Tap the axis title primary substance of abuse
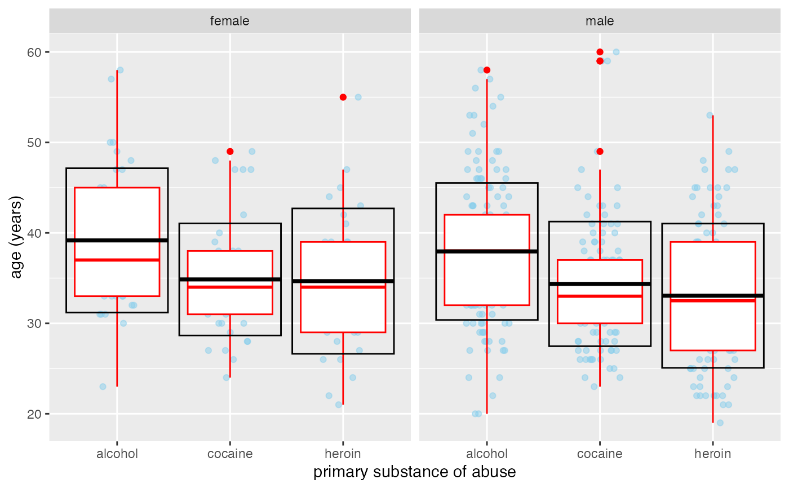pyautogui.click(x=414, y=472)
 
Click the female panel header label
pyautogui.click(x=229, y=21)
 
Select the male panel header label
pyautogui.click(x=600, y=21)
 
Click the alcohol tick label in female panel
pyautogui.click(x=117, y=454)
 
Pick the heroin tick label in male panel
pyautogui.click(x=713, y=454)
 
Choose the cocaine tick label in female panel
pyautogui.click(x=230, y=454)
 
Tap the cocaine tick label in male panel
pyautogui.click(x=600, y=454)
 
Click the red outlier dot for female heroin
pyautogui.click(x=343, y=97)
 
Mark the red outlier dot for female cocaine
pyautogui.click(x=230, y=152)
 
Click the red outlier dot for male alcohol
pyautogui.click(x=487, y=70)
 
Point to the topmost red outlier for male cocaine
pyautogui.click(x=600, y=52)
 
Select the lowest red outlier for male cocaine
pyautogui.click(x=600, y=152)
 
